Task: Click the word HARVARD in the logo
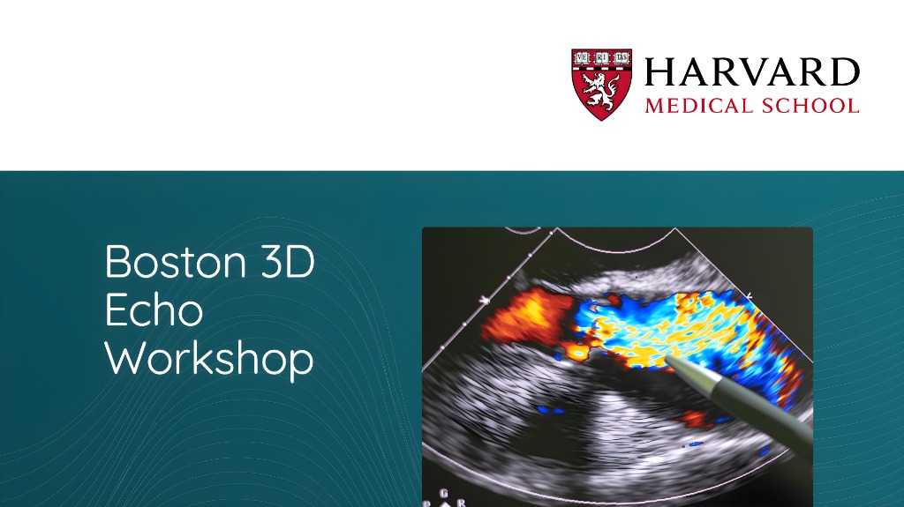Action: point(752,71)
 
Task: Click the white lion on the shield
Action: point(600,91)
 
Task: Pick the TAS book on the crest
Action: point(621,57)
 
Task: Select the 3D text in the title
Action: point(287,262)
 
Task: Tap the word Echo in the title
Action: point(154,310)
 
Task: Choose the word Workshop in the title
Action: point(209,360)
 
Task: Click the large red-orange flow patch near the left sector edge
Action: point(524,316)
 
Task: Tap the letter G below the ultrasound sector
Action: point(443,493)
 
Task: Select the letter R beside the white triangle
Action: point(460,503)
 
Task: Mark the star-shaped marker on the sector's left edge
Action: point(485,299)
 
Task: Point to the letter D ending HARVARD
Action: point(846,71)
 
